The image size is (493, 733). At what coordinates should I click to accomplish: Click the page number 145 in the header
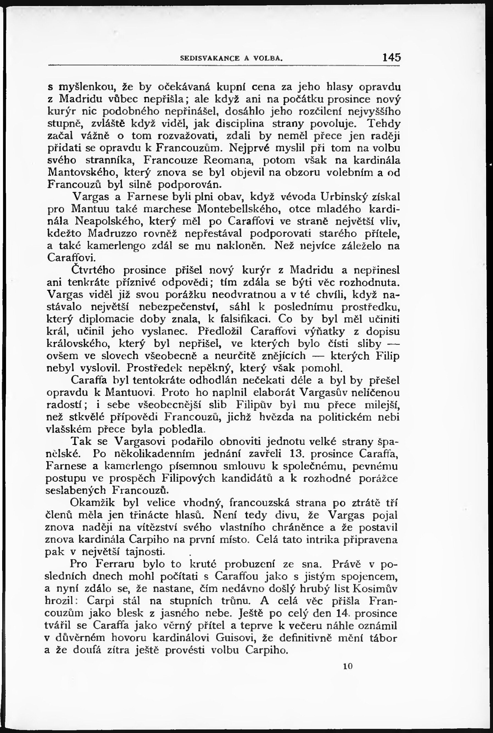tap(391, 57)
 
